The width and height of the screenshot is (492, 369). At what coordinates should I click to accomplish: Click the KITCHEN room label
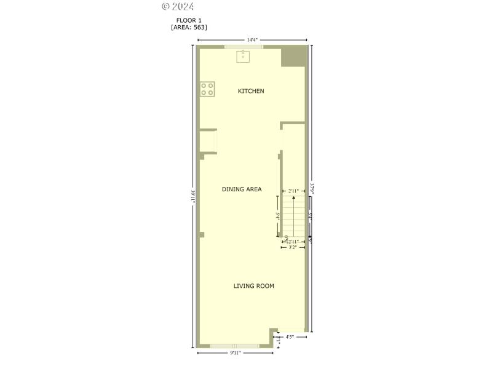[251, 91]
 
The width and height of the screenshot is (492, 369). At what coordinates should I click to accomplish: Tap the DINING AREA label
[242, 189]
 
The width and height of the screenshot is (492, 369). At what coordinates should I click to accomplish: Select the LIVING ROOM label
[253, 286]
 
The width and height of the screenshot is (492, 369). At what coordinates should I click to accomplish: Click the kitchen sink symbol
[244, 57]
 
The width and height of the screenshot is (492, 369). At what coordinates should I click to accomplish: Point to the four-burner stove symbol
[207, 89]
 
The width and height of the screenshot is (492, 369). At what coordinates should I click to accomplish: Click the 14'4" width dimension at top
[252, 40]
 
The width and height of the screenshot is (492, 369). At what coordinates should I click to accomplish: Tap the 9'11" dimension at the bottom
[235, 353]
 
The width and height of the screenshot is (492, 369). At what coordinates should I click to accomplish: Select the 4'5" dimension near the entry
[290, 337]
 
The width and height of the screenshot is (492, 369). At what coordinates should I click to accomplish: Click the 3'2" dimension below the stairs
[293, 247]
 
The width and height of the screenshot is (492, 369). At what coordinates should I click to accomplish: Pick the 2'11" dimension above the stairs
[293, 191]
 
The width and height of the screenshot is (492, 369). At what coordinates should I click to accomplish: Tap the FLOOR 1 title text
[189, 20]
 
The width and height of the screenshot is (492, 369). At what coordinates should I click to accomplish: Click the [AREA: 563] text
[189, 27]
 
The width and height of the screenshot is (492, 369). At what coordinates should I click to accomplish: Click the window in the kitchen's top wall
[244, 47]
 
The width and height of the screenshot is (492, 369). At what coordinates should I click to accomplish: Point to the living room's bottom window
[234, 346]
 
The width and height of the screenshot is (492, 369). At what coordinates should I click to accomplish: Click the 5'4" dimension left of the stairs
[279, 216]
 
